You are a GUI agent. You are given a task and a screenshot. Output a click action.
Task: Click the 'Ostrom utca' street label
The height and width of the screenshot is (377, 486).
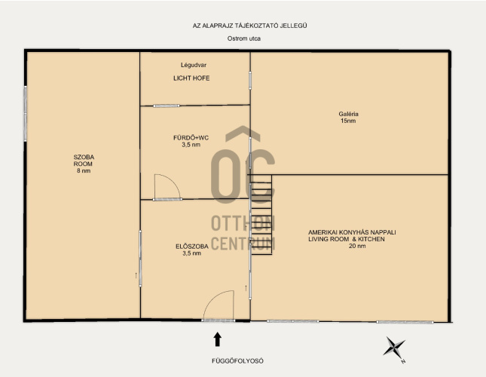click(244, 38)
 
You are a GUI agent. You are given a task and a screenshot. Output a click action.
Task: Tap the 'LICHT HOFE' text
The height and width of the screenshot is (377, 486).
click(191, 78)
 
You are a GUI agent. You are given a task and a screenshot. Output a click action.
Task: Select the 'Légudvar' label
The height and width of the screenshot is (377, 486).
click(194, 65)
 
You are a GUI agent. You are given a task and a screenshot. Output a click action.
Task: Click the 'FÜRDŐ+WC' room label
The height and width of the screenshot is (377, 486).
click(191, 138)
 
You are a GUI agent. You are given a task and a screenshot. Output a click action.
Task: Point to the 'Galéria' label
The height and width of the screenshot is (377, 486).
click(348, 114)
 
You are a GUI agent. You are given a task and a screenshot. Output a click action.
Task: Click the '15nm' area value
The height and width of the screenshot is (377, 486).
click(348, 121)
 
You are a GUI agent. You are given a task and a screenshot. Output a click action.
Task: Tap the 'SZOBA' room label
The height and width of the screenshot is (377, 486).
click(84, 157)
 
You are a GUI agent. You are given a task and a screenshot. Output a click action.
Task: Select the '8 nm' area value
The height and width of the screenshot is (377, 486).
click(84, 171)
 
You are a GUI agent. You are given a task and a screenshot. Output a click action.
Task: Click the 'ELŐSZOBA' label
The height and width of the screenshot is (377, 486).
click(192, 247)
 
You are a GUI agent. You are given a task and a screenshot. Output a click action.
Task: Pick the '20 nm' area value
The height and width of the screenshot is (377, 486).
click(357, 246)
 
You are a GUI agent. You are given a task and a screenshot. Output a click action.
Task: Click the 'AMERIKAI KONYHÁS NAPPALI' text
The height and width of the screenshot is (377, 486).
click(352, 232)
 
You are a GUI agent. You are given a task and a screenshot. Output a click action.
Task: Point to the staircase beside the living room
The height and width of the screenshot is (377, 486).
click(261, 215)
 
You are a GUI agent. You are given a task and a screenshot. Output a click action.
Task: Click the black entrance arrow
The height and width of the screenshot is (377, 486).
click(218, 339)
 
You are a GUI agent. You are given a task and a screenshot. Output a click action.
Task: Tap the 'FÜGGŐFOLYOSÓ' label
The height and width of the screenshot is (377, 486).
click(238, 361)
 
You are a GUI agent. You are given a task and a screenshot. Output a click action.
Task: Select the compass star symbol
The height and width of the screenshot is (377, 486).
click(394, 347)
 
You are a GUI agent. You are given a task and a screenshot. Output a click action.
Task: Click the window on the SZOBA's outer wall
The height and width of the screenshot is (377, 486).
click(26, 114)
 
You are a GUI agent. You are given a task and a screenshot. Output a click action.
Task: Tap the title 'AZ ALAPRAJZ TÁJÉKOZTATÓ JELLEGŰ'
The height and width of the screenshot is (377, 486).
click(250, 26)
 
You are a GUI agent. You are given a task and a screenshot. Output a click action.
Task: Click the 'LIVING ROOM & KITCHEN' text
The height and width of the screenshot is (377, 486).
click(346, 239)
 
